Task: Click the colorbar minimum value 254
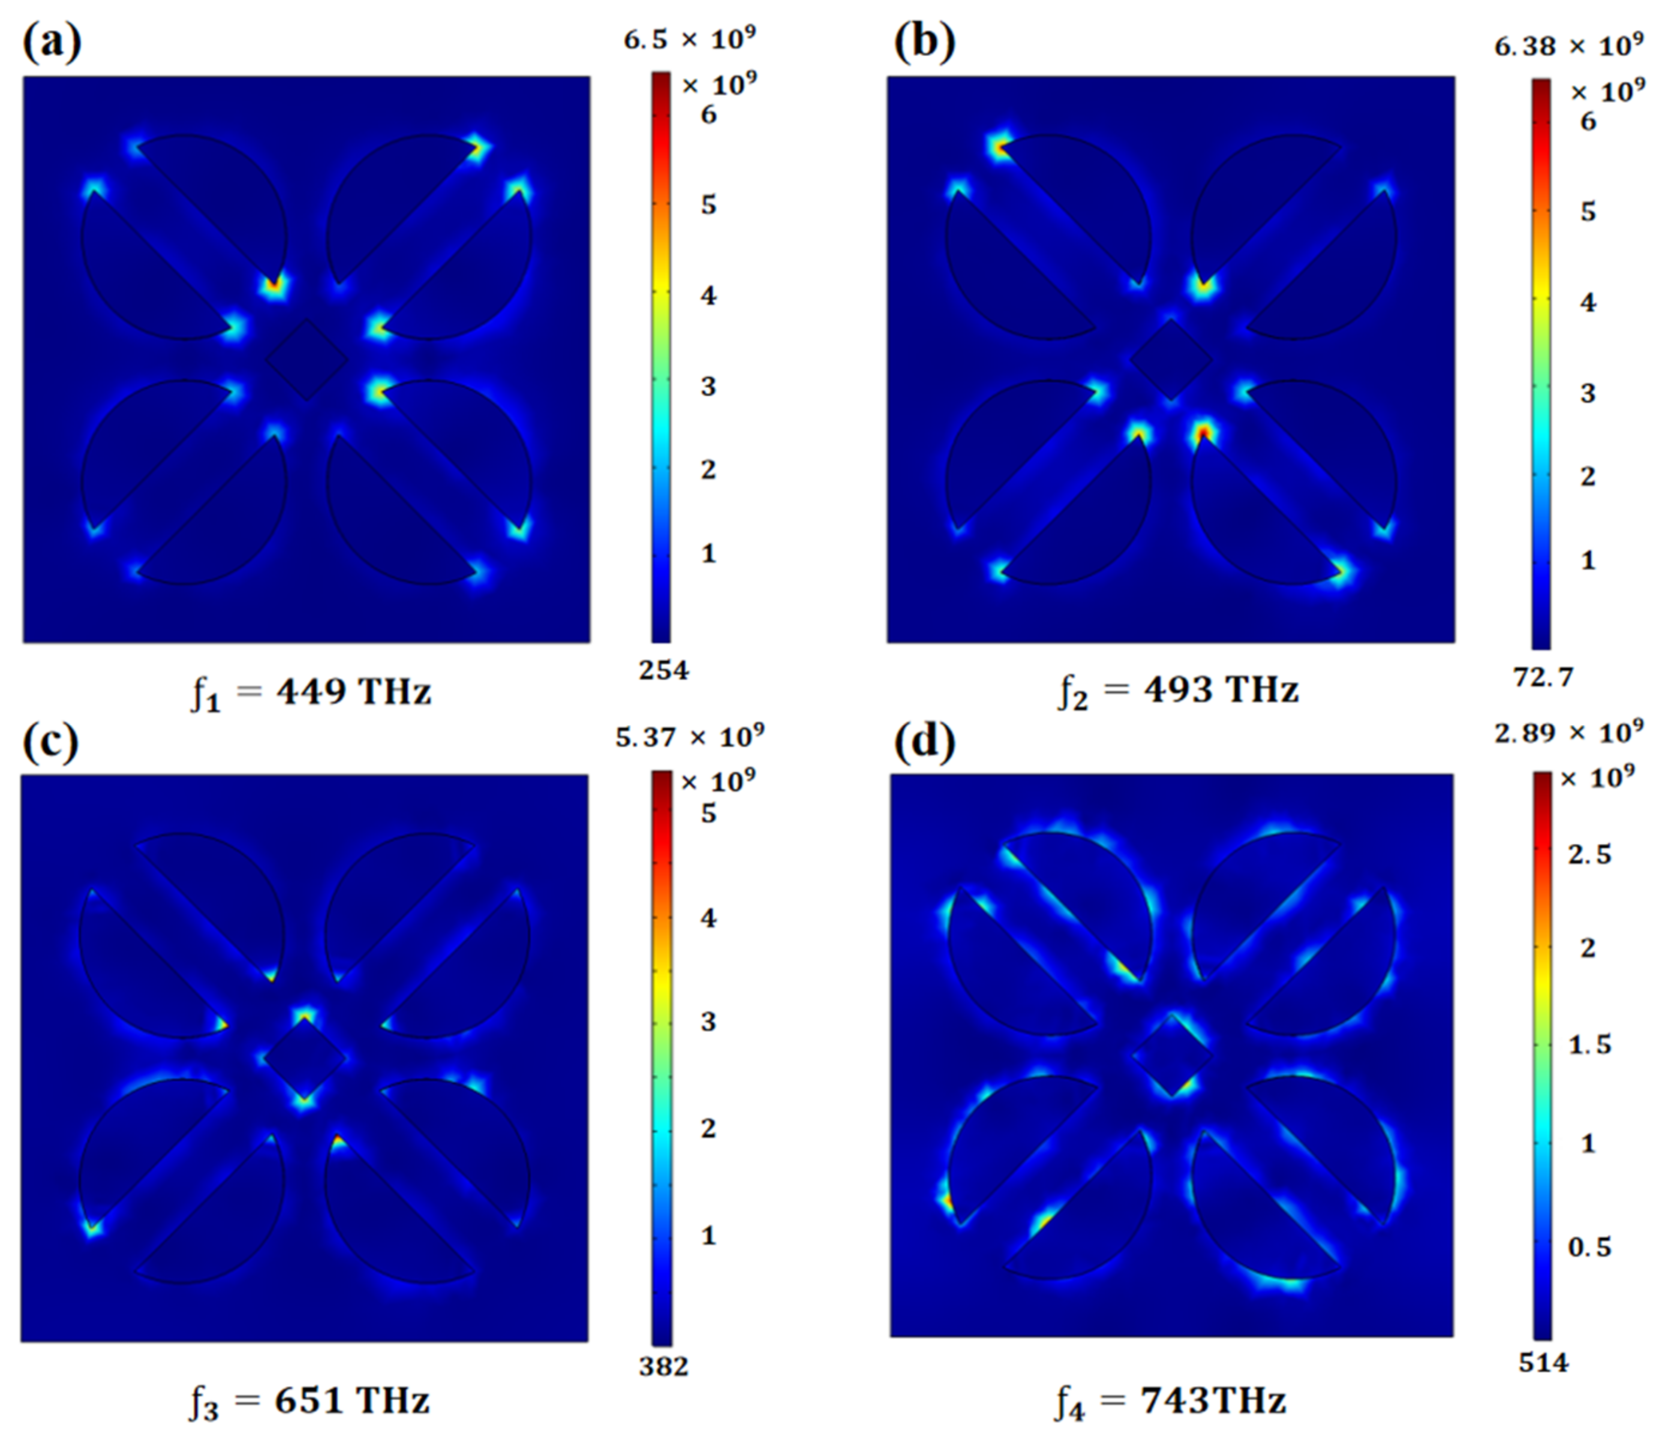[x=663, y=670]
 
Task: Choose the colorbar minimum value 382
[x=663, y=1366]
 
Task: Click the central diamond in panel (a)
[x=306, y=359]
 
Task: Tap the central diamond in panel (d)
[x=1171, y=1056]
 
